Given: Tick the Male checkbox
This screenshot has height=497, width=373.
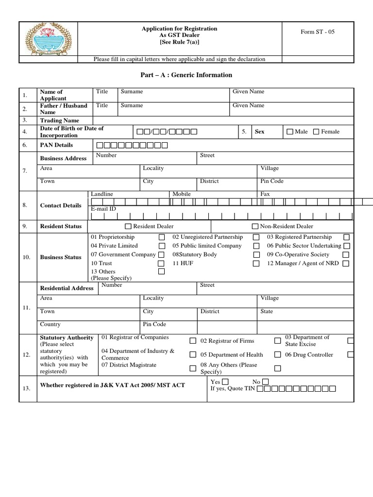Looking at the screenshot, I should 290,132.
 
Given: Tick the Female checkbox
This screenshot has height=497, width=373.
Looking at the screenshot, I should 316,132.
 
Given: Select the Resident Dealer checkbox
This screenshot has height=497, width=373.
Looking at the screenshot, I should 128,226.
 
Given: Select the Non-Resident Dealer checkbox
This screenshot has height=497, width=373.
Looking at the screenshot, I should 255,226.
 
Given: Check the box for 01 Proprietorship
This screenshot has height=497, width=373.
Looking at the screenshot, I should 161,237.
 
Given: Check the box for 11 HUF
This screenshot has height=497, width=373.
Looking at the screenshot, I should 256,264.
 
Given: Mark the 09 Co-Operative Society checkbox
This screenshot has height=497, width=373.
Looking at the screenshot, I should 346,255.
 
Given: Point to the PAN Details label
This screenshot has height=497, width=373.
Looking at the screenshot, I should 56,145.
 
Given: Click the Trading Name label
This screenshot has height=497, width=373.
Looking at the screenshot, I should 59,120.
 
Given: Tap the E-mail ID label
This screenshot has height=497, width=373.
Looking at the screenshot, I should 103,209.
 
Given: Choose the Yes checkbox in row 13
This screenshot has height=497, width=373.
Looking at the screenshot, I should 225,381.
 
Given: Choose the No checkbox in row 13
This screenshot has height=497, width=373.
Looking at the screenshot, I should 265,381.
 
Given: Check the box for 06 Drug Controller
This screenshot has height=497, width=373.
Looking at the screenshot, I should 351,355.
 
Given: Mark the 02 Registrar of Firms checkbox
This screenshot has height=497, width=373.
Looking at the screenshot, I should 277,341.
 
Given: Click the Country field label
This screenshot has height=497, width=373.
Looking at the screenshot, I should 51,324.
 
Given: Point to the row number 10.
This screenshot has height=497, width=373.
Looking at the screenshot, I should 27,257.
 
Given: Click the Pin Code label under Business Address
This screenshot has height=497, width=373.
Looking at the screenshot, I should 272,181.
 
